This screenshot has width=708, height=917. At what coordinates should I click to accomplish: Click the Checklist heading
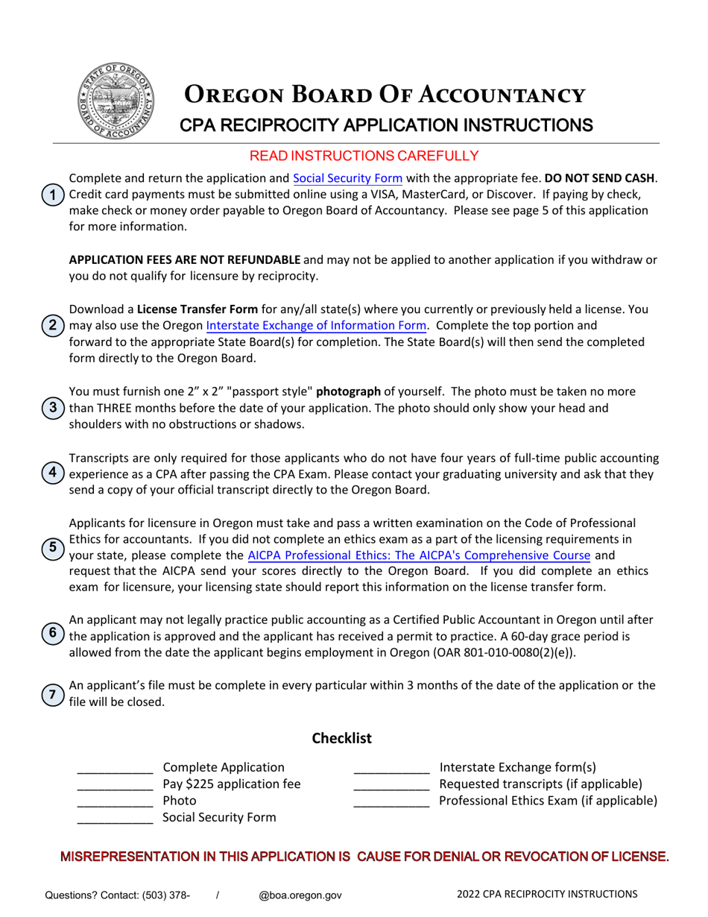[x=341, y=739]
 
